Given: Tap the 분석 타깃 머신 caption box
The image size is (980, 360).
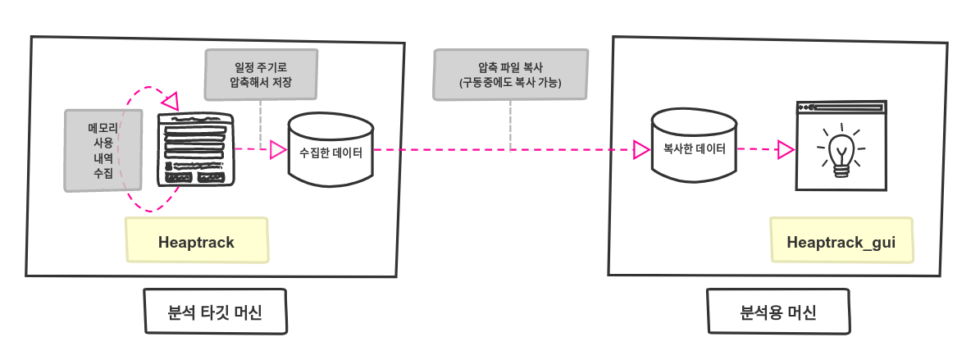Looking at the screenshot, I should point(215,312).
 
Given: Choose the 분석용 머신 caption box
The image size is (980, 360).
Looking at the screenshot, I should point(777,312).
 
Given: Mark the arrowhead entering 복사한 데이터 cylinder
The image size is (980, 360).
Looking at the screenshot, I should point(641,150).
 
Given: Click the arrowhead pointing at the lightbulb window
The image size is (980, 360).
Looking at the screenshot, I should point(784,150).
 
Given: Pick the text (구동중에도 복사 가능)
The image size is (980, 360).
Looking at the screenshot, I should point(510,84).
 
